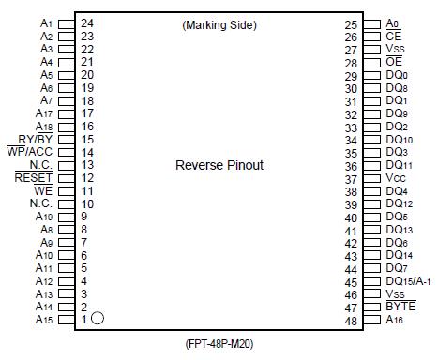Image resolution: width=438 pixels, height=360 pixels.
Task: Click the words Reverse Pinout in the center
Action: click(x=219, y=166)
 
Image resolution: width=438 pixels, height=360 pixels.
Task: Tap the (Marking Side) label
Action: click(x=219, y=25)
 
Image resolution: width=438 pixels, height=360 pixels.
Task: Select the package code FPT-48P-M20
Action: click(x=219, y=346)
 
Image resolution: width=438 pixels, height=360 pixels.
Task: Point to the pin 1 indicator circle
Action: click(x=97, y=319)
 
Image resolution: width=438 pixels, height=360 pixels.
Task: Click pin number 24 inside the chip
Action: click(x=86, y=22)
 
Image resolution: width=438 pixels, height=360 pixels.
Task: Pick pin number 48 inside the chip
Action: click(x=351, y=321)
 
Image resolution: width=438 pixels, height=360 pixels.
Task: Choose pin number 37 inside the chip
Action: click(x=351, y=178)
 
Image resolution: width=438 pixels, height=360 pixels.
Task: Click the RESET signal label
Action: click(x=34, y=177)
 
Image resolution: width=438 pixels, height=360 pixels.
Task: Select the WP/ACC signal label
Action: click(x=29, y=151)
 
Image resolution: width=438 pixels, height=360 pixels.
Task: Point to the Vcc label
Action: click(x=395, y=178)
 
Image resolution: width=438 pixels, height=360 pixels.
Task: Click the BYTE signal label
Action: click(x=400, y=307)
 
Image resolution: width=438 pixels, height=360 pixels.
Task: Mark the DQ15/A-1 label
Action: click(x=408, y=281)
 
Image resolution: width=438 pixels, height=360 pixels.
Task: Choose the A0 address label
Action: click(x=393, y=23)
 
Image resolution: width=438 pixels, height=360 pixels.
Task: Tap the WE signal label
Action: click(x=43, y=190)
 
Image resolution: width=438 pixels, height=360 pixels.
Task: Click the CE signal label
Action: click(x=394, y=37)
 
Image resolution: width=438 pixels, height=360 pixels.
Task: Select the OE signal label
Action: click(x=394, y=62)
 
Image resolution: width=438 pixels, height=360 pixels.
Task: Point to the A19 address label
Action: click(x=43, y=216)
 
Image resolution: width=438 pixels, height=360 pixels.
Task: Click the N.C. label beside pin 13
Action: click(x=40, y=164)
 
